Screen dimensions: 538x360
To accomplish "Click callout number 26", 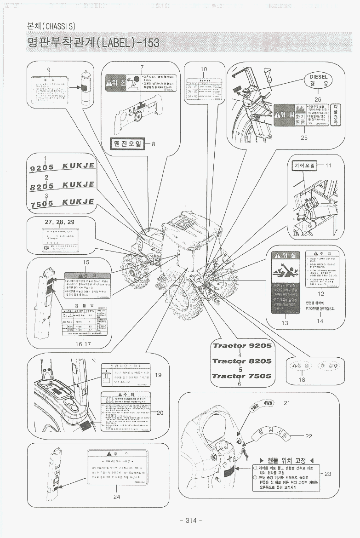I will coord(318,99).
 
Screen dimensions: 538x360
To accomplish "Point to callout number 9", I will coord(48,69).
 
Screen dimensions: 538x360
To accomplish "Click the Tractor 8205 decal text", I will coord(242,361).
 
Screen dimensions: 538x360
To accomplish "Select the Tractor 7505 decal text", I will coord(241,376).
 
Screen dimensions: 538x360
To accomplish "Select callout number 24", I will coord(116,497).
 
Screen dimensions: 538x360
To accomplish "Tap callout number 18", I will coord(302,380).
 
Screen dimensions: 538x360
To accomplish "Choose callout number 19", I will coord(159,375).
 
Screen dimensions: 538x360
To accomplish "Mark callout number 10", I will coord(204,69).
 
